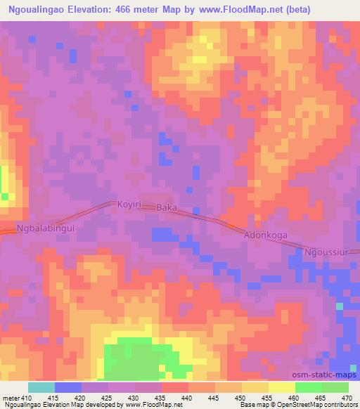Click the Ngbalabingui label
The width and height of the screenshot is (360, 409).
pos(45,228)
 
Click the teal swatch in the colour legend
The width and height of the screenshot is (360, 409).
pos(41,387)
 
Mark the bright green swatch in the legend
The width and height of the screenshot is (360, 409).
pos(308,387)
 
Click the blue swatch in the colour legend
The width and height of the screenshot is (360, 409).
pos(67,387)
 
